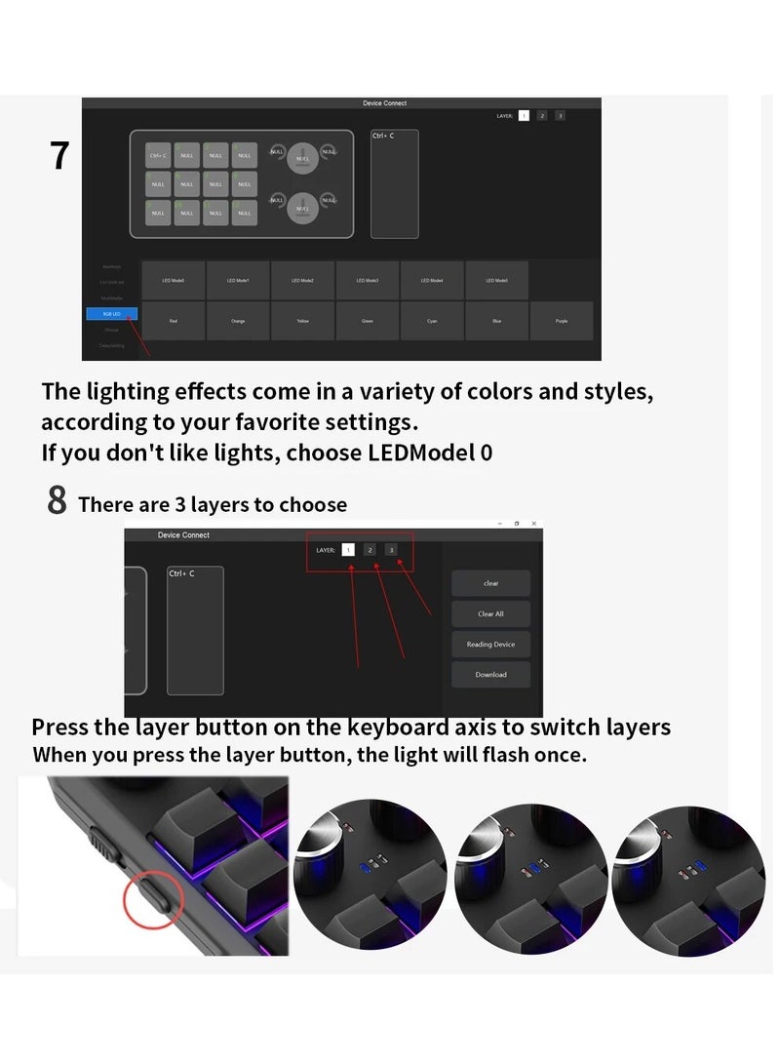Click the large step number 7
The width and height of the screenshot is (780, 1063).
pos(60,156)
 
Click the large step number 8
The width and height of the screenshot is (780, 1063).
pos(58,501)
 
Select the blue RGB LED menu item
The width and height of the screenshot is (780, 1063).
pos(111,314)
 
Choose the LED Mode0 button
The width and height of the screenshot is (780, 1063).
pos(173,281)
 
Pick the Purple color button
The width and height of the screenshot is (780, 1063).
pos(561,321)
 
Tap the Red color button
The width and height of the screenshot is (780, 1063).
pos(173,321)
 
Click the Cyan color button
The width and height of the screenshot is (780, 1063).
pos(432,321)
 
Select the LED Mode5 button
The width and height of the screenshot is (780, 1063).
pos(496,281)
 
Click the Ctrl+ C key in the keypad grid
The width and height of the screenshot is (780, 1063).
pos(159,155)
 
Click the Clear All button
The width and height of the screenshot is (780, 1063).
pos(490,614)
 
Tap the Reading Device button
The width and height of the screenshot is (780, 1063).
pos(490,645)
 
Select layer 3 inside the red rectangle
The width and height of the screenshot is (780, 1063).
pos(391,550)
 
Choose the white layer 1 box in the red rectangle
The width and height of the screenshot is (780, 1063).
pos(348,550)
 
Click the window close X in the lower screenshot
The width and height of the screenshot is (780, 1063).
pos(533,524)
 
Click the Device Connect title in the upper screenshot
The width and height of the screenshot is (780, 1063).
pos(384,103)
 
